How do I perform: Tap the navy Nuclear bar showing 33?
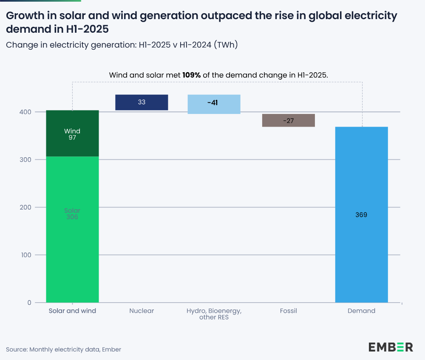pos(142,102)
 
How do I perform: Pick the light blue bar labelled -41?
pos(214,104)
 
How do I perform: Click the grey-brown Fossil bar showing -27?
pos(288,120)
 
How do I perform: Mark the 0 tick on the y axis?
pos(29,303)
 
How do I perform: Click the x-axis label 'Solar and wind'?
pos(72,311)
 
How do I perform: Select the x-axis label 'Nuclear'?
pos(142,311)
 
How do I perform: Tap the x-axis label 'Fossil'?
pos(288,311)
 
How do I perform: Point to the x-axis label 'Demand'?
pos(361,311)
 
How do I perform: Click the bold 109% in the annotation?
pos(192,75)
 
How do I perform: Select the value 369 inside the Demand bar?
pos(361,215)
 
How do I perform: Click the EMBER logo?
pos(391,347)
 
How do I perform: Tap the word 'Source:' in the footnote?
pos(17,349)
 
